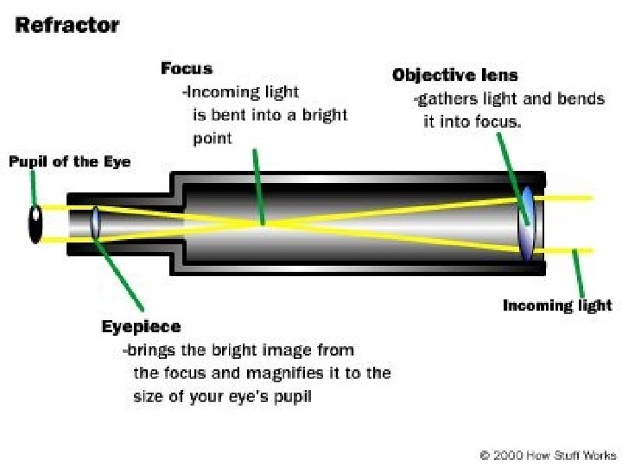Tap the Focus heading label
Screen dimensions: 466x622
[186, 68]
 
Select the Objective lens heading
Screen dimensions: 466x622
[454, 75]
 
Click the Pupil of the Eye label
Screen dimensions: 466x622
[69, 161]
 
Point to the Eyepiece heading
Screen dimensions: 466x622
[141, 326]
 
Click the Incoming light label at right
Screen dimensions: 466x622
[557, 305]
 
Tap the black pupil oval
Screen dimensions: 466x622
[35, 224]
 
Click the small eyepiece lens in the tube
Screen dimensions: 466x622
[95, 221]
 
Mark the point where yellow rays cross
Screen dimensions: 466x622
[264, 223]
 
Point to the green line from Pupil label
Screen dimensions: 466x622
[34, 186]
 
